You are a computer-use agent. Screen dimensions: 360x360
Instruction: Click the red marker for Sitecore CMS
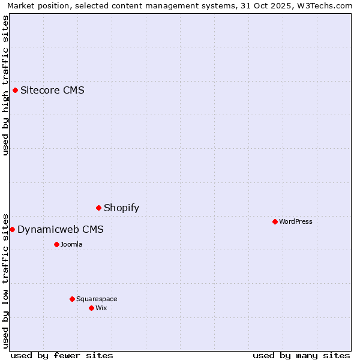click(x=16, y=91)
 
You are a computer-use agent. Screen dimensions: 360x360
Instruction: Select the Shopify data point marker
click(x=99, y=208)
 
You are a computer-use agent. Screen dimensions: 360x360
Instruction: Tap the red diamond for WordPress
click(x=275, y=221)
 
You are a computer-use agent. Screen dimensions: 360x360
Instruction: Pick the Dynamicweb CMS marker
click(x=12, y=230)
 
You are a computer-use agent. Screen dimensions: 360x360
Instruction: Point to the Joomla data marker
click(x=57, y=244)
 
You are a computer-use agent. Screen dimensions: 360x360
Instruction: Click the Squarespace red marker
click(x=73, y=299)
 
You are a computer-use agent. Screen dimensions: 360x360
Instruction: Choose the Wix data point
click(x=92, y=308)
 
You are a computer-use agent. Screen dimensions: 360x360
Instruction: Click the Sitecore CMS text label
click(x=52, y=91)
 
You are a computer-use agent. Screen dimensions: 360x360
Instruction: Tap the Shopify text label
click(x=121, y=208)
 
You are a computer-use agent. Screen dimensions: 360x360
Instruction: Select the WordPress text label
click(x=296, y=221)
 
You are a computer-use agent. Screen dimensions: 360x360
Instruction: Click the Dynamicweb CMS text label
click(x=60, y=230)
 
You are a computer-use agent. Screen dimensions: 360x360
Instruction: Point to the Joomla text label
click(x=71, y=244)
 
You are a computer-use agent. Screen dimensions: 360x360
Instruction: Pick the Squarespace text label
click(x=97, y=299)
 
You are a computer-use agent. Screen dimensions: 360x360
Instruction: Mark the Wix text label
click(x=101, y=308)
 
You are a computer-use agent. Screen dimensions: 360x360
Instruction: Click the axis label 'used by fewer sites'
click(x=62, y=355)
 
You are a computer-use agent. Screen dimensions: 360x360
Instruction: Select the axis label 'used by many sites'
click(x=301, y=355)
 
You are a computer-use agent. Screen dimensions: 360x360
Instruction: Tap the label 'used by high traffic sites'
click(x=5, y=85)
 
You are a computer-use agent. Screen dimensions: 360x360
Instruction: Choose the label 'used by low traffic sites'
click(x=5, y=280)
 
